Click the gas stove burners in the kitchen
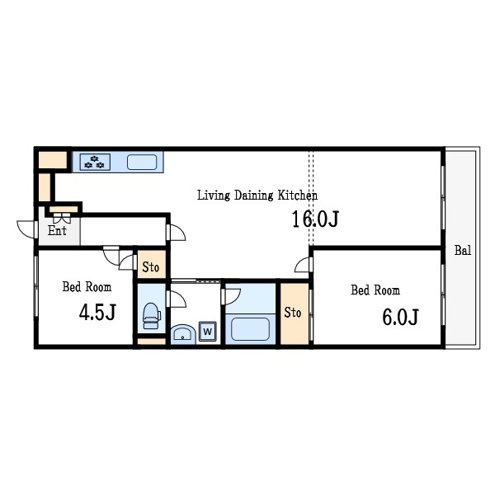click(95, 162)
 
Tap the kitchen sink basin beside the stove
click(142, 163)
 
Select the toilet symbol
click(152, 316)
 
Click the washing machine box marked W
click(207, 331)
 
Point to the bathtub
click(250, 329)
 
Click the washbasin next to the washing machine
click(183, 334)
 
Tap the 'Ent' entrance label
click(57, 230)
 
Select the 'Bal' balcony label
click(463, 250)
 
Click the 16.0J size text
click(315, 219)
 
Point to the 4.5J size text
click(98, 312)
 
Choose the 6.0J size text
click(400, 317)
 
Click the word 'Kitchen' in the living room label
click(297, 195)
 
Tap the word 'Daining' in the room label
click(254, 196)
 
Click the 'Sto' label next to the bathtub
click(293, 313)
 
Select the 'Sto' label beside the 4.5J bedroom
click(151, 267)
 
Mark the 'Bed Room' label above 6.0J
click(375, 290)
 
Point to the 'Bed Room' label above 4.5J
click(87, 287)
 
